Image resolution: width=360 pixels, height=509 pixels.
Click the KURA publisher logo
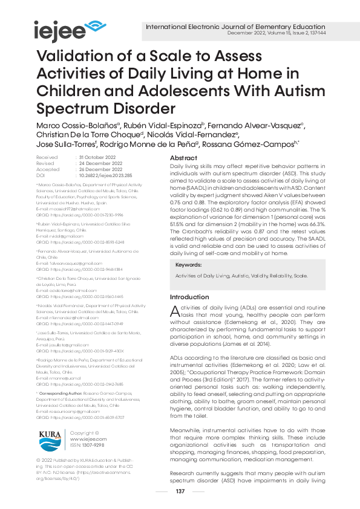click(50, 437)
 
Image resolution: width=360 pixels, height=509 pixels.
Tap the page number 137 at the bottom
click(180, 491)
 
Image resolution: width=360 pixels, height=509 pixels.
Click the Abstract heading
click(185, 157)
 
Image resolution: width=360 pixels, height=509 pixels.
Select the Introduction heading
click(189, 297)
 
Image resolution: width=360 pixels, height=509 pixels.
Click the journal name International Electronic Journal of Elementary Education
click(235, 27)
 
